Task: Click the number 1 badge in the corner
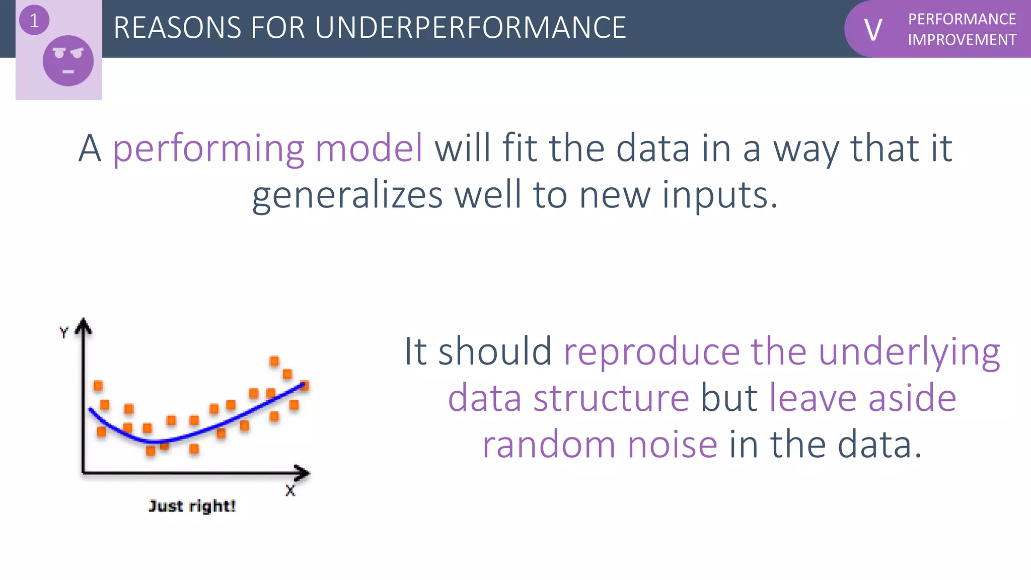pyautogui.click(x=34, y=21)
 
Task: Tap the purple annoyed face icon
pyautogui.click(x=68, y=61)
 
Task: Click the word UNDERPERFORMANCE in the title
pyautogui.click(x=470, y=28)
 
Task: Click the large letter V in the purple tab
pyautogui.click(x=873, y=30)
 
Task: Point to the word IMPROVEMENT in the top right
pyautogui.click(x=962, y=40)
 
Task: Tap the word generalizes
pyautogui.click(x=347, y=195)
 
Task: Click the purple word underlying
pyautogui.click(x=909, y=353)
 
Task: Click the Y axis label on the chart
pyautogui.click(x=63, y=333)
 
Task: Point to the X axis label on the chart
pyautogui.click(x=290, y=490)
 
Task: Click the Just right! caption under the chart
pyautogui.click(x=192, y=506)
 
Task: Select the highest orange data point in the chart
pyautogui.click(x=274, y=361)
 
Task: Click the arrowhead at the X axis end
pyautogui.click(x=304, y=472)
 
